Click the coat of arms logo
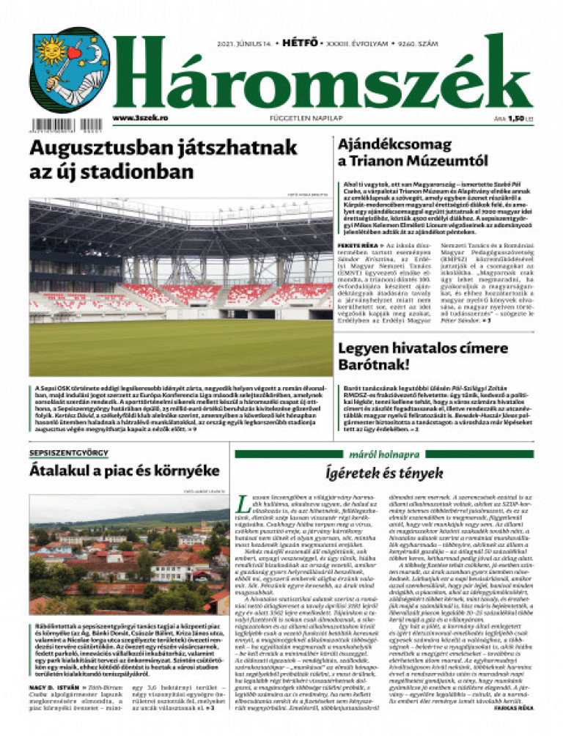tap(70, 70)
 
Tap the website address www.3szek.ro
tap(141, 117)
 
